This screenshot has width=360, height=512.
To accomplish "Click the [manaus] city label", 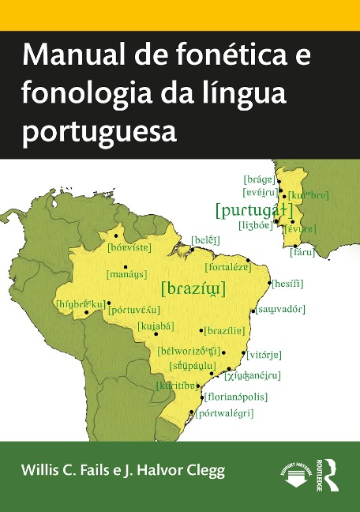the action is (127, 276).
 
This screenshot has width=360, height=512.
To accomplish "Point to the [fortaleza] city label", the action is (228, 266).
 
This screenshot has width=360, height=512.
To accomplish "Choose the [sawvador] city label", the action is (280, 309).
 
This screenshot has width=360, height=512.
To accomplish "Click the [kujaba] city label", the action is (156, 326).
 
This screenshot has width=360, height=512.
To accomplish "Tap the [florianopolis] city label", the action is (237, 397).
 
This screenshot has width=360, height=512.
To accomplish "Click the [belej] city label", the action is (205, 239).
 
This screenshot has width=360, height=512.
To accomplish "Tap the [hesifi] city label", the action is (287, 283).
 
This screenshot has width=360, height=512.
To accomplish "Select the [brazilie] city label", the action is (230, 330).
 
